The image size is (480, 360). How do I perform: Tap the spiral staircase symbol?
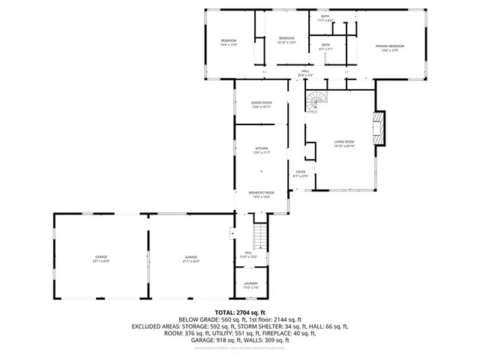318,100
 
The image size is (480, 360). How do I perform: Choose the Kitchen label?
261,150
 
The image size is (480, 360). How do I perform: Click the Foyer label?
301,173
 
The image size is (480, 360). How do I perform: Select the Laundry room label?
251,286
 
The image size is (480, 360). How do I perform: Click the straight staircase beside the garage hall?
260,238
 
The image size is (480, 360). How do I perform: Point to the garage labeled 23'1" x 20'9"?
101,259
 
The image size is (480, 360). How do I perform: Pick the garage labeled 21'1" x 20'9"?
191,259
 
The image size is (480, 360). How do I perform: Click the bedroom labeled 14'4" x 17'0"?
229,42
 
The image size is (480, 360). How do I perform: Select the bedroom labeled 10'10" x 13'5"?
287,40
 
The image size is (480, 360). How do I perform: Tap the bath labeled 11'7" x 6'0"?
325,18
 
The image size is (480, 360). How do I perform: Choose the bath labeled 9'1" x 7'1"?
325,47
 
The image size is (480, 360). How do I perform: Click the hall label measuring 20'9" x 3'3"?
305,73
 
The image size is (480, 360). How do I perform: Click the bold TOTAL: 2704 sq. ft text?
240,312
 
